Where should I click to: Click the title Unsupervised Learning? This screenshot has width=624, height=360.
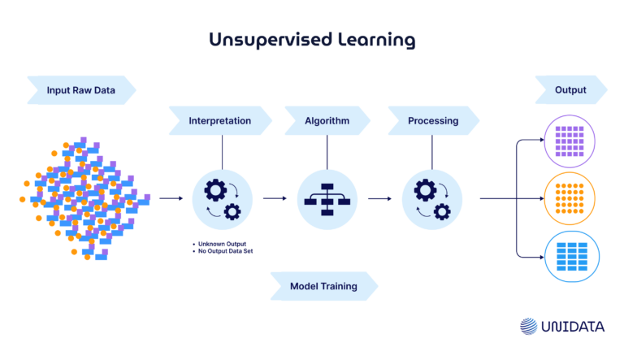pos(312,39)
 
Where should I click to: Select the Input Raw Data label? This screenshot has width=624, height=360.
pos(80,89)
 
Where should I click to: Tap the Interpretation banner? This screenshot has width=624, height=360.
pos(219,121)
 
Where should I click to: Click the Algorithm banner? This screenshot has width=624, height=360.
pos(327,121)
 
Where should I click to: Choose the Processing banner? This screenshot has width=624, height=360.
pos(432,121)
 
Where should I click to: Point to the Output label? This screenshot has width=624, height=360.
pos(570,89)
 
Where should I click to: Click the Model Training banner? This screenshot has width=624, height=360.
pos(323,286)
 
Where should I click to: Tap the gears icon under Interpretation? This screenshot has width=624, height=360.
pos(222,199)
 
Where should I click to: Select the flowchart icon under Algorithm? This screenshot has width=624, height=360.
pos(327,199)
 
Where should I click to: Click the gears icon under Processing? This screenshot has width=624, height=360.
pos(432,199)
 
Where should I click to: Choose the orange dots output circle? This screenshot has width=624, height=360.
pos(569,198)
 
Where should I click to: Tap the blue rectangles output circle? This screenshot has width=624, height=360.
pos(569,256)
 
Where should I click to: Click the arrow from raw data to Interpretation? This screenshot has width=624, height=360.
pos(171,198)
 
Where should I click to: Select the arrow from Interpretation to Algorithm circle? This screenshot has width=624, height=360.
pos(275,198)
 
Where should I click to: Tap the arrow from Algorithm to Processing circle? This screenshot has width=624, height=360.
pos(379,198)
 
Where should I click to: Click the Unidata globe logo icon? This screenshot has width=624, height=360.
pos(529,326)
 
